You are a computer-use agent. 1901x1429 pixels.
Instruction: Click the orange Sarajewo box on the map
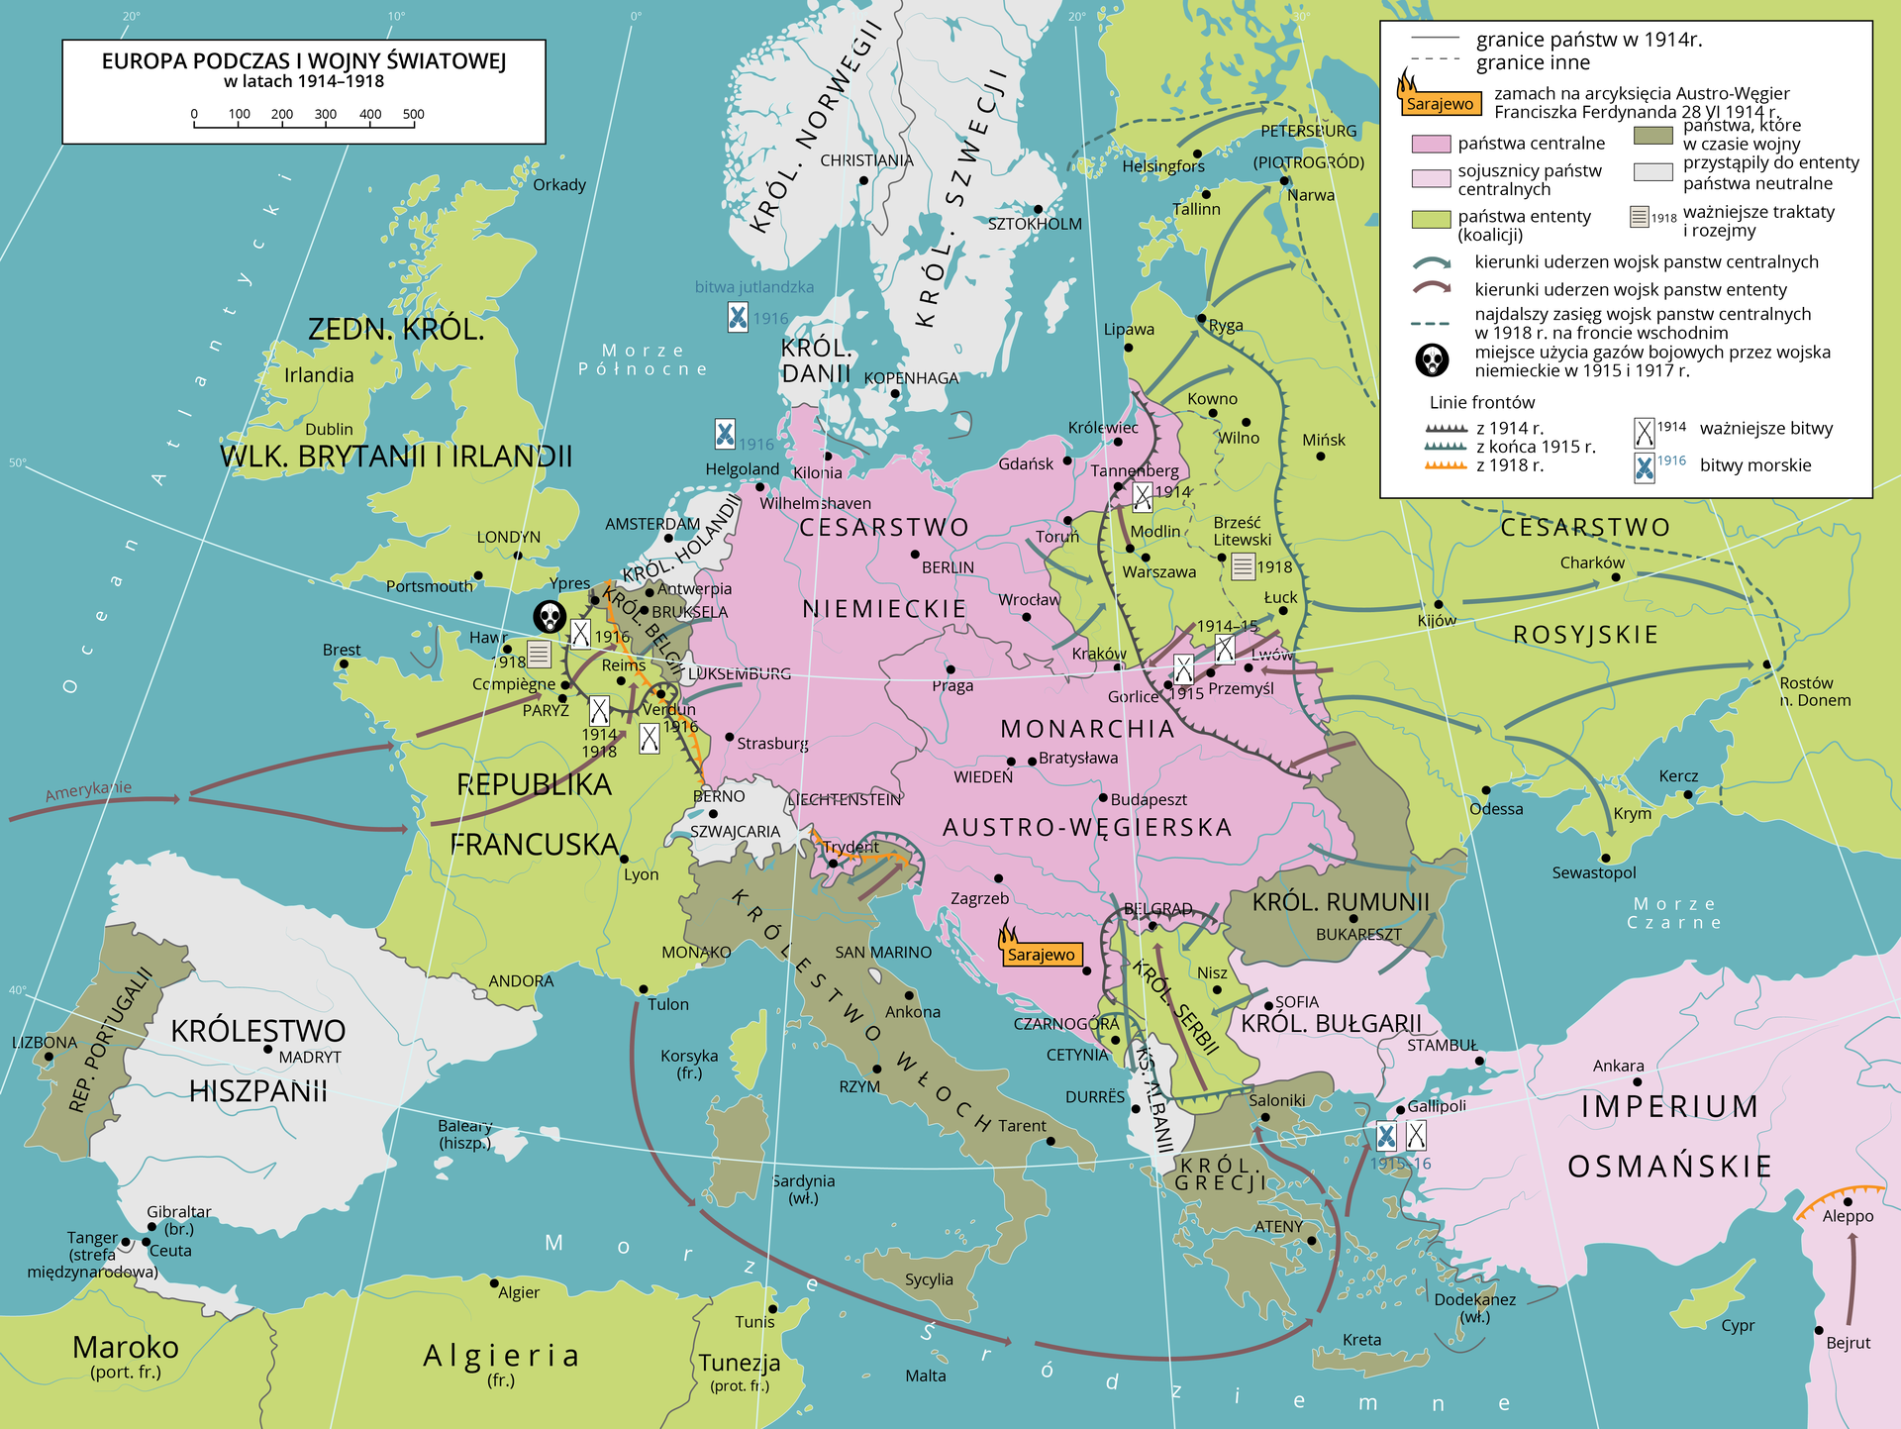pyautogui.click(x=1041, y=955)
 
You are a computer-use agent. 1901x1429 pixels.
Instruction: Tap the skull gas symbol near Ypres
pyautogui.click(x=550, y=618)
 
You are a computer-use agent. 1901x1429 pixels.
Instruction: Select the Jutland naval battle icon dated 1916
pyautogui.click(x=738, y=317)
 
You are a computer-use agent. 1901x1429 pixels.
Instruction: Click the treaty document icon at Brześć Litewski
pyautogui.click(x=1244, y=566)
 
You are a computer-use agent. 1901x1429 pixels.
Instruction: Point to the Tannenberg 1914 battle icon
pyautogui.click(x=1143, y=496)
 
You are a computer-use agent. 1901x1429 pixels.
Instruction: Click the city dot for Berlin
pyautogui.click(x=915, y=555)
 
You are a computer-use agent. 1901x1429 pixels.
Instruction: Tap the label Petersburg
pyautogui.click(x=1308, y=131)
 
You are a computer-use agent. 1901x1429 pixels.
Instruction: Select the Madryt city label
pyautogui.click(x=310, y=1058)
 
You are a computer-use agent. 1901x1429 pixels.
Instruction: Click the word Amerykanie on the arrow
pyautogui.click(x=88, y=790)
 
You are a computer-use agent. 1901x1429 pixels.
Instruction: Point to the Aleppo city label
pyautogui.click(x=1848, y=1216)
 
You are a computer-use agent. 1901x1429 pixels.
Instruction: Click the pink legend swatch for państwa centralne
pyautogui.click(x=1430, y=144)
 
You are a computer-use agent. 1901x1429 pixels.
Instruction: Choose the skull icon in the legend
pyautogui.click(x=1432, y=360)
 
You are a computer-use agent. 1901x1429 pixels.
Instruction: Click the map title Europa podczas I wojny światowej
pyautogui.click(x=304, y=61)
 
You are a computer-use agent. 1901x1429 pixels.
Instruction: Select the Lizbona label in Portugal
pyautogui.click(x=45, y=1043)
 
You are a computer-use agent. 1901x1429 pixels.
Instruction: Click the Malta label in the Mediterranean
pyautogui.click(x=925, y=1376)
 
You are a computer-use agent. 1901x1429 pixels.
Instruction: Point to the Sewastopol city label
pyautogui.click(x=1593, y=872)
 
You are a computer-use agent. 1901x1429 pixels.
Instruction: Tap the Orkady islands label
pyautogui.click(x=558, y=185)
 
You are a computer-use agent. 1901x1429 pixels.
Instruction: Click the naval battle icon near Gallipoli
pyautogui.click(x=1386, y=1136)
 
